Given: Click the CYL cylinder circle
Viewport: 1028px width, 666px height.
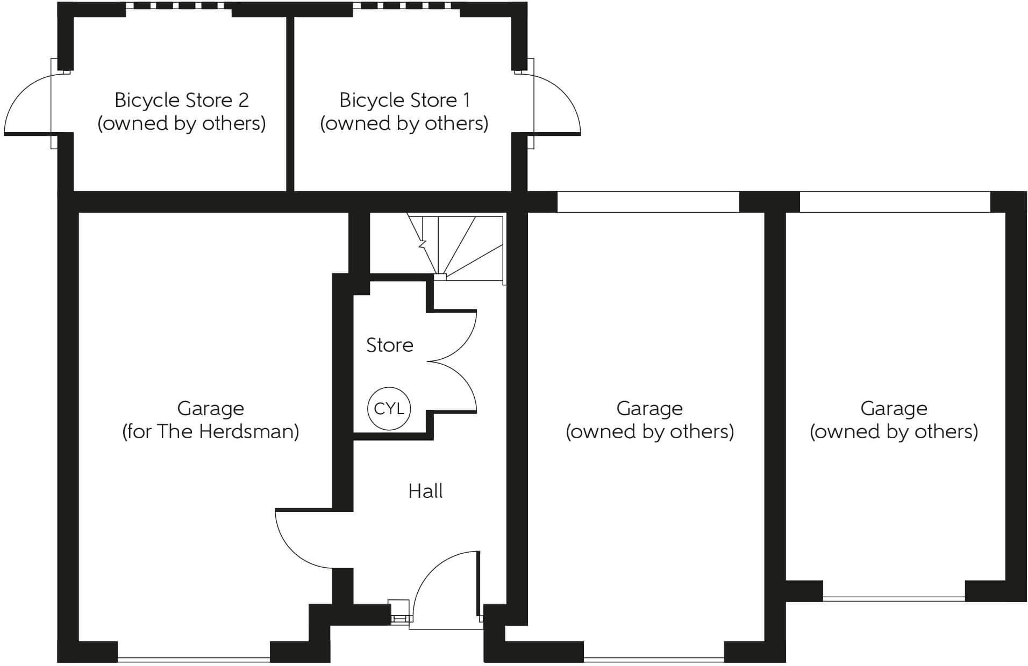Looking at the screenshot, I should [389, 409].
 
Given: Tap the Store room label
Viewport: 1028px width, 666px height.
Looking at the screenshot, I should [389, 345].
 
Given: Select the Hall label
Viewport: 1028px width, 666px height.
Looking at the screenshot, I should [425, 491].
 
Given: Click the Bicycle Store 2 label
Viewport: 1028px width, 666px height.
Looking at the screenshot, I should [181, 100].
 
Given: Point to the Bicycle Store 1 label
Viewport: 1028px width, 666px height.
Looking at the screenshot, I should [404, 100].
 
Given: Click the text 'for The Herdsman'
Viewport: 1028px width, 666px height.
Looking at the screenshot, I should [210, 432].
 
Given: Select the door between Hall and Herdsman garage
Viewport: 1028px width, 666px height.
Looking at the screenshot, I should [301, 537].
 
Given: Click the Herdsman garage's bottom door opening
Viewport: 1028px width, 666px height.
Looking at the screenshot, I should [194, 658].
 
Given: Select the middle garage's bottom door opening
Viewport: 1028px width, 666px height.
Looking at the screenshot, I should [653, 658].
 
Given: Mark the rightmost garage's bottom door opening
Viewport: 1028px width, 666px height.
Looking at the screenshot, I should [894, 598].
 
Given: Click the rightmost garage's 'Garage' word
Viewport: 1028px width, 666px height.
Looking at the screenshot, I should [894, 409].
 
